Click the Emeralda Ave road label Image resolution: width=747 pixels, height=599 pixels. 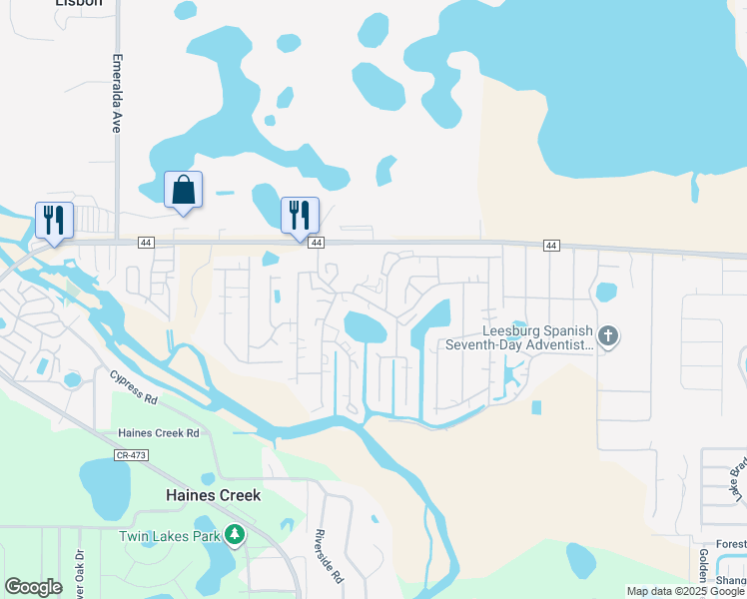pos(116,94)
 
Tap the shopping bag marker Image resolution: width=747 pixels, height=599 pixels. pos(184,190)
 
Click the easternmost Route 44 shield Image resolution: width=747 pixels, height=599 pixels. pos(550,246)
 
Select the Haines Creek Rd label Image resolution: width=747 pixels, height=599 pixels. pos(159,432)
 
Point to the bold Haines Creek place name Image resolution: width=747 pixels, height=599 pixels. pos(213,495)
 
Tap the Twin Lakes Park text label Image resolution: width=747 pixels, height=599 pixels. pos(170,536)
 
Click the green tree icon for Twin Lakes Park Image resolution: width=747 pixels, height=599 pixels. pos(235,536)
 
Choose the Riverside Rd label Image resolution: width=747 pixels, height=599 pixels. pos(330,556)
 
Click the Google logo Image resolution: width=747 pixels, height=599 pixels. pos(33,587)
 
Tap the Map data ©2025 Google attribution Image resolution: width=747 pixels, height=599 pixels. pos(685,591)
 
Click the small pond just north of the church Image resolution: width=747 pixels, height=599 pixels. pos(605,293)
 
